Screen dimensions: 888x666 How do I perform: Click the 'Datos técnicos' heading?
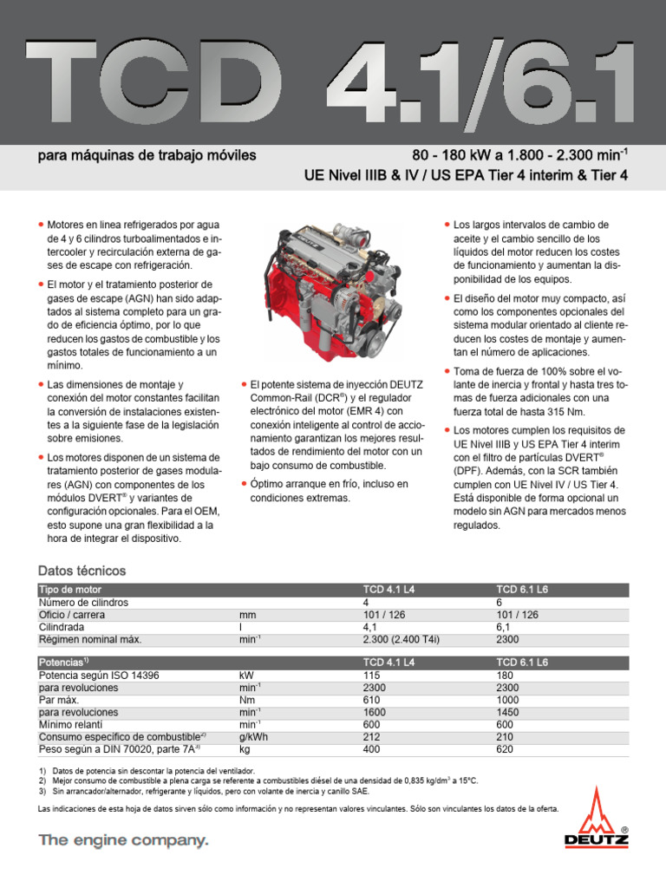pos(82,571)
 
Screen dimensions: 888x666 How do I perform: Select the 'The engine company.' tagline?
pos(123,840)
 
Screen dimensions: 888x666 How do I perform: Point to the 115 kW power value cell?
pos(372,675)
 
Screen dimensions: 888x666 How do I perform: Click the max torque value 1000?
pos(507,699)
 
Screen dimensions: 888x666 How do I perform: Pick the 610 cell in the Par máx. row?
pos(372,699)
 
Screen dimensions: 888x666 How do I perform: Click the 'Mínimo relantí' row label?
pos(71,723)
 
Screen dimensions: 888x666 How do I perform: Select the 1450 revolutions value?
pos(507,711)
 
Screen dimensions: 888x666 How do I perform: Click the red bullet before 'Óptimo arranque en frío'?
pos(245,483)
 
